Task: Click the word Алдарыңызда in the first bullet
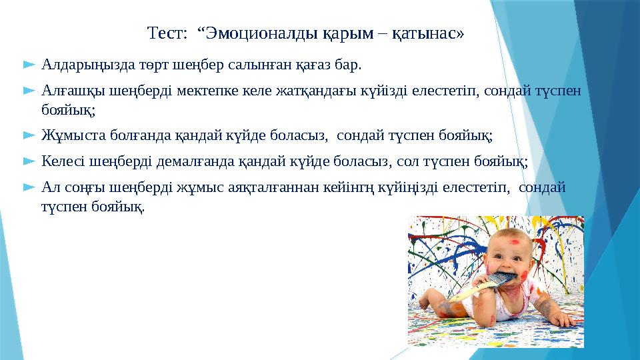point(83,66)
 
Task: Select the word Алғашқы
point(69,89)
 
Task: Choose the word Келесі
point(63,161)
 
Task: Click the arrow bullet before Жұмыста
point(28,136)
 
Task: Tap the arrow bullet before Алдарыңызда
point(28,65)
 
